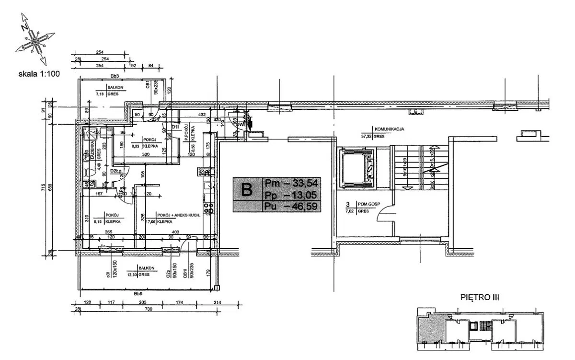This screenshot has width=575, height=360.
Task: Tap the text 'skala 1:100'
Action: (38, 74)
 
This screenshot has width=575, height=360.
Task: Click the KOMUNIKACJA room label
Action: (390, 129)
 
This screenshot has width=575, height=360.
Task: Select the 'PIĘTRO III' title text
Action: (479, 297)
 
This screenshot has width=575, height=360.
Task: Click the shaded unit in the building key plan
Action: (431, 329)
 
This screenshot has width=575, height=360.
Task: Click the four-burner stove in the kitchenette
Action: (209, 208)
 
